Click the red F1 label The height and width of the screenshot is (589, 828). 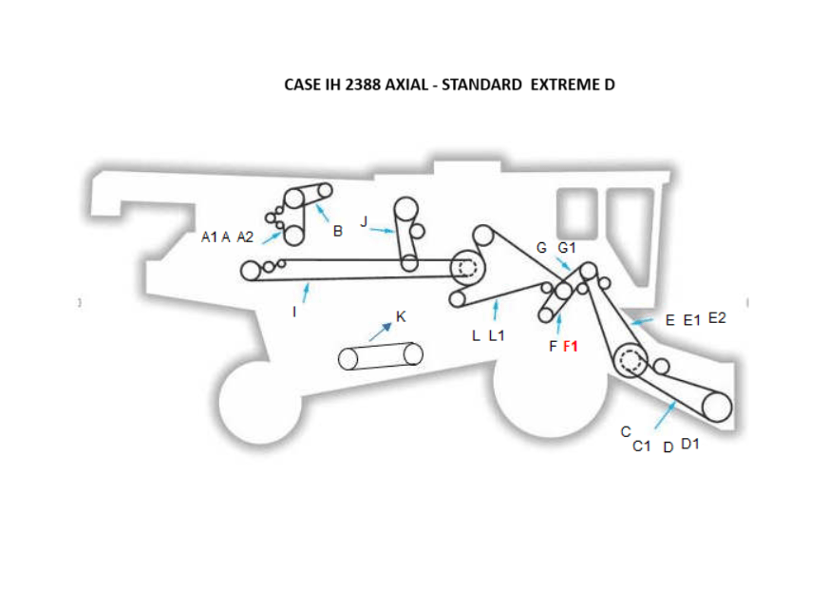(571, 347)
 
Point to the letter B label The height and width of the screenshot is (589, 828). (337, 231)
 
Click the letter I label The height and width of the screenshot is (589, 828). (295, 312)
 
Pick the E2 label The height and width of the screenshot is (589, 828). (717, 318)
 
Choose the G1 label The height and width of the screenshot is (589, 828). (567, 248)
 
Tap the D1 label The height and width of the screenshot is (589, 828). (690, 444)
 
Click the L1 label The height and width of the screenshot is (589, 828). (496, 335)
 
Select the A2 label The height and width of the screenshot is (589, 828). (245, 237)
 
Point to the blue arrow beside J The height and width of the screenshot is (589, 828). (382, 230)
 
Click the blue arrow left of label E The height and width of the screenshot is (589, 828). (642, 322)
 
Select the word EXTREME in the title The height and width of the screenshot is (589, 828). (559, 85)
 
